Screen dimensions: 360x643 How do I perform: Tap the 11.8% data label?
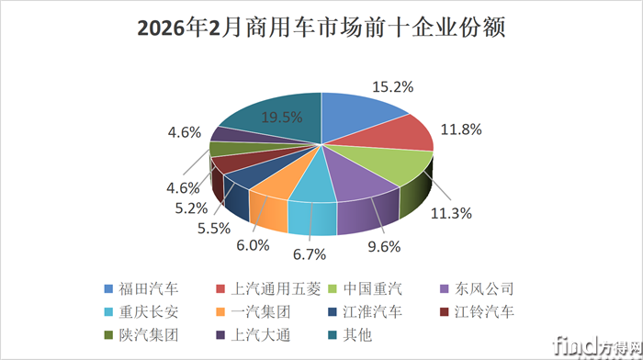[458, 129]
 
